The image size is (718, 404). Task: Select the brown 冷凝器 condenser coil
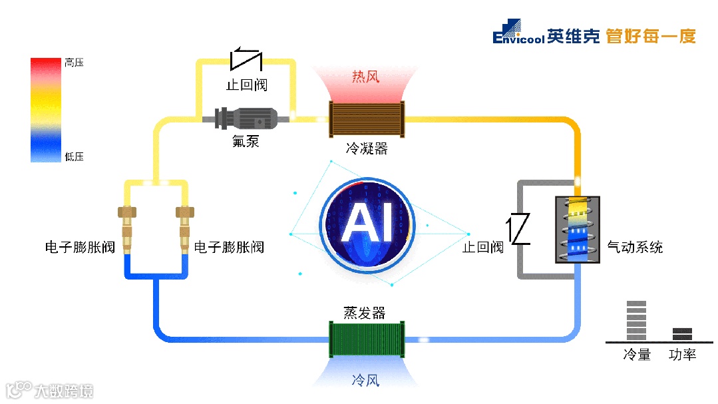[367, 120]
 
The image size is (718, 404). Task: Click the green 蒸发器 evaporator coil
[367, 339]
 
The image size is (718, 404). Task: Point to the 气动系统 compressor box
[578, 230]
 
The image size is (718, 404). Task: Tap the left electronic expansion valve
[127, 230]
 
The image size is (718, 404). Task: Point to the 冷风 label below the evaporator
[365, 381]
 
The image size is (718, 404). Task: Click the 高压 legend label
[74, 63]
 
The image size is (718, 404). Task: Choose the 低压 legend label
[74, 157]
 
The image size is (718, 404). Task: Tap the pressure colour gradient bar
[46, 110]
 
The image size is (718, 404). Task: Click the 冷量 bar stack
[636, 321]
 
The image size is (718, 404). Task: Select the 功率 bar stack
[682, 333]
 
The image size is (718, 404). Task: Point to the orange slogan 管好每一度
[651, 36]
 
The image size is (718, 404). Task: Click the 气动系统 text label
[635, 248]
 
